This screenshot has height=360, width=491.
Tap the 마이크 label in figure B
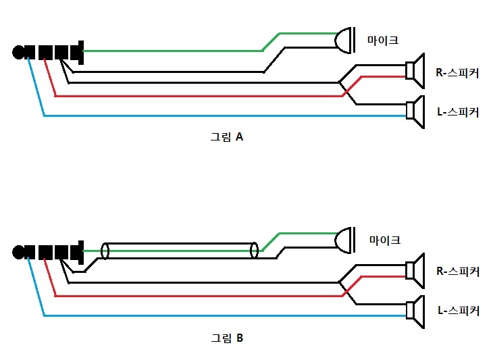(x=384, y=240)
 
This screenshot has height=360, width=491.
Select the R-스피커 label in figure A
(x=457, y=70)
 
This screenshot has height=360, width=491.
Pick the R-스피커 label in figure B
(x=457, y=272)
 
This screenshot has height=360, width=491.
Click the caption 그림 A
(x=226, y=137)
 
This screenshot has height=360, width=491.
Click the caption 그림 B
(x=226, y=338)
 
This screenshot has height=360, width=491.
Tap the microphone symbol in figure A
(x=346, y=41)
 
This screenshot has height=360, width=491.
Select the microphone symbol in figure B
(x=346, y=240)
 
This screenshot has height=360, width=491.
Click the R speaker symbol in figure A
(x=414, y=70)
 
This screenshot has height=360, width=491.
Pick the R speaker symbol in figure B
(x=415, y=271)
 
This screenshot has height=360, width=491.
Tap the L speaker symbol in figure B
(x=415, y=311)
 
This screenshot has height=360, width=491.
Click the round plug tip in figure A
(x=18, y=52)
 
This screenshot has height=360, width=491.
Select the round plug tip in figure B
(x=18, y=252)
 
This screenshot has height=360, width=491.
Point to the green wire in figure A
(x=169, y=51)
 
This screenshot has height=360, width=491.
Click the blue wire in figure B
(x=203, y=315)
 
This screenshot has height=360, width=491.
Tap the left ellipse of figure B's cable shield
(x=105, y=251)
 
